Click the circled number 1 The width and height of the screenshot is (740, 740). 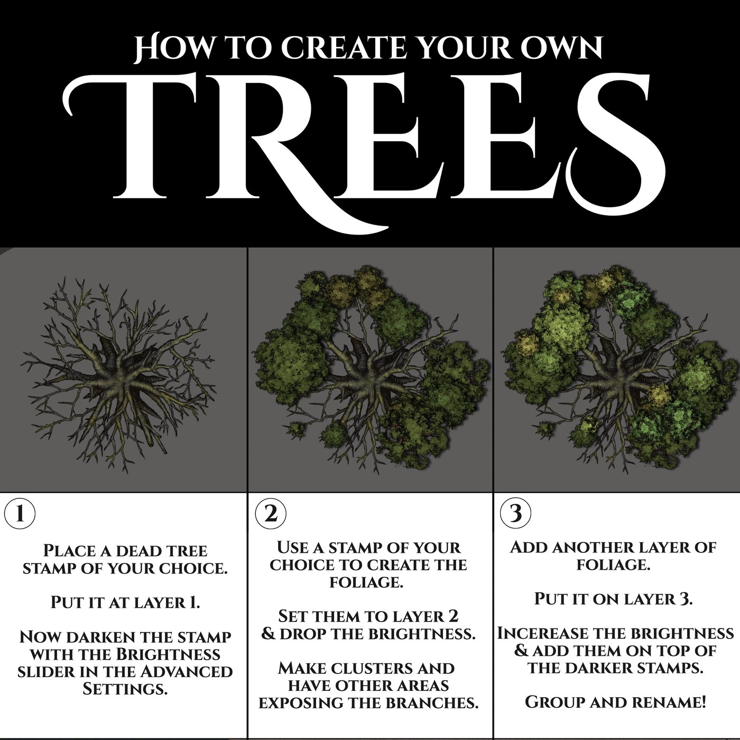coord(20,513)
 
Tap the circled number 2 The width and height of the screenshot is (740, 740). coord(270,513)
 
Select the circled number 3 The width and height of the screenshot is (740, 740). coord(515,513)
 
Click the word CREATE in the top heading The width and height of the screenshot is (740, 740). coord(344,49)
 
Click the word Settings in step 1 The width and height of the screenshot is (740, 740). coord(125,689)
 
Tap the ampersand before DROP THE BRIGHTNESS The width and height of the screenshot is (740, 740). coord(268,633)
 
